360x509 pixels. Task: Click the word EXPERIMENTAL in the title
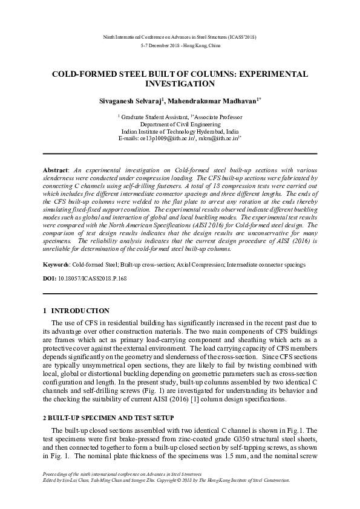click(273, 74)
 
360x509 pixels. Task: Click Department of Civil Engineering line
click(180, 122)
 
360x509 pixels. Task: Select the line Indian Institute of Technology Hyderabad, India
click(180, 130)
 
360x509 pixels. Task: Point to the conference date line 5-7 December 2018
click(180, 45)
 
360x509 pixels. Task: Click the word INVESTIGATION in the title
click(180, 83)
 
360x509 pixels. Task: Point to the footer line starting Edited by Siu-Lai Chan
click(164, 480)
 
